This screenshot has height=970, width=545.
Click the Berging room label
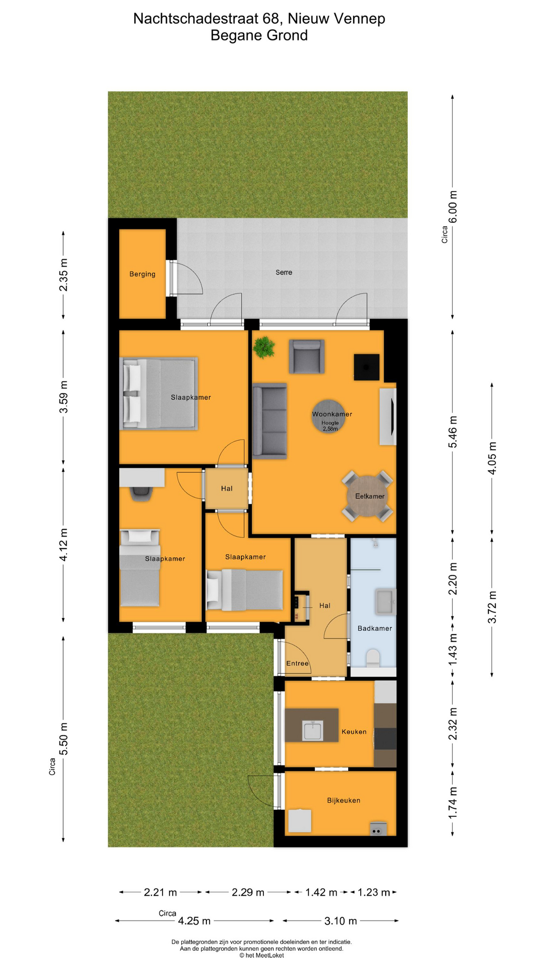[x=142, y=274]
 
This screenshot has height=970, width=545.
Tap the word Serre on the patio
[x=284, y=272]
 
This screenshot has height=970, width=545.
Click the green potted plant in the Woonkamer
[x=264, y=347]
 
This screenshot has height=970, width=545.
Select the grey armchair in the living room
[x=306, y=357]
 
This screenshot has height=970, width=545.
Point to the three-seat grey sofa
[x=269, y=421]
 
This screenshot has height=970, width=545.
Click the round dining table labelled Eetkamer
[x=367, y=496]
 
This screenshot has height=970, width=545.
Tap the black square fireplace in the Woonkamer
[x=366, y=367]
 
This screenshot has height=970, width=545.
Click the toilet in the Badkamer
[x=373, y=658]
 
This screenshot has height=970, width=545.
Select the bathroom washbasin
[x=385, y=602]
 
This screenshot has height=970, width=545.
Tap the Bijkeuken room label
[x=344, y=800]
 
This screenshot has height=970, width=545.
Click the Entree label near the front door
[x=297, y=663]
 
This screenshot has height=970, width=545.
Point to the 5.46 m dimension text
[x=453, y=431]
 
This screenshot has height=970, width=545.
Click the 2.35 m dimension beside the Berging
[x=64, y=275]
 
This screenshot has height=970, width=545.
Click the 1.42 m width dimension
[x=321, y=893]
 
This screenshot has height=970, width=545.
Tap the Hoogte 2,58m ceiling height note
[x=330, y=426]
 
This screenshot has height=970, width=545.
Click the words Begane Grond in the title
[x=259, y=35]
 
